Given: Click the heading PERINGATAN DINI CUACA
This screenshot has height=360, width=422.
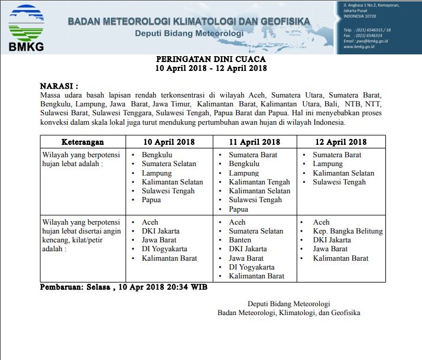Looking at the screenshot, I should tap(210, 59).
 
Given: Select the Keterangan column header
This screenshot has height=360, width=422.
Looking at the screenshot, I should tap(83, 142).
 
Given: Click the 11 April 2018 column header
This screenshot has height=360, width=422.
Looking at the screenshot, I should tap(255, 142).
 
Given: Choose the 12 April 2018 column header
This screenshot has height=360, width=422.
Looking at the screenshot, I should tap(342, 142).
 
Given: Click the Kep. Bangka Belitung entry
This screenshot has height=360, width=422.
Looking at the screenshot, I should tap(348, 231).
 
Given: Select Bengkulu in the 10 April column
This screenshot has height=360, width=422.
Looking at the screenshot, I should tap(157, 155).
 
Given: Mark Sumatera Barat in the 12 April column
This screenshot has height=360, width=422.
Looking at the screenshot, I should tap(337, 155).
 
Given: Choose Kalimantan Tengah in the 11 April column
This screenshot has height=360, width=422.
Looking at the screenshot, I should tap(259, 182).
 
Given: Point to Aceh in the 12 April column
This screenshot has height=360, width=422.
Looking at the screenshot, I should tap(322, 222).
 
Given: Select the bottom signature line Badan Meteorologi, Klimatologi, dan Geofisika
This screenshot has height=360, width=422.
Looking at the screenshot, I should tap(288, 313).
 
